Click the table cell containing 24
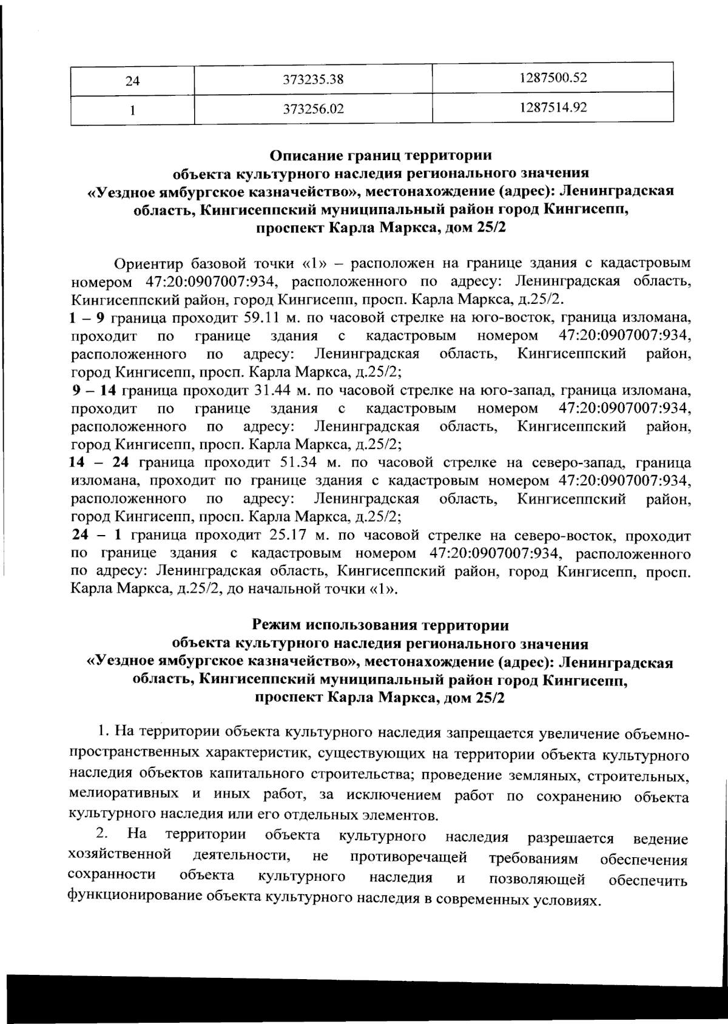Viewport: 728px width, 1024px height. pyautogui.click(x=132, y=79)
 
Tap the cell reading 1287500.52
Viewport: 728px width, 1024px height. pyautogui.click(x=553, y=78)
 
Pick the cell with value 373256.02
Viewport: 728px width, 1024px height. pyautogui.click(x=313, y=110)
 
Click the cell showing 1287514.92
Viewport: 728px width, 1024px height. pyautogui.click(x=553, y=108)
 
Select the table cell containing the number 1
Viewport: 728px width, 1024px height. pyautogui.click(x=132, y=110)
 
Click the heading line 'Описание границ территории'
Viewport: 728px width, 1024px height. pyautogui.click(x=380, y=155)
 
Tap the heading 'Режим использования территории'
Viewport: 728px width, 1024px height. pyautogui.click(x=380, y=624)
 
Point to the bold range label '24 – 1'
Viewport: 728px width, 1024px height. pyautogui.click(x=98, y=536)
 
